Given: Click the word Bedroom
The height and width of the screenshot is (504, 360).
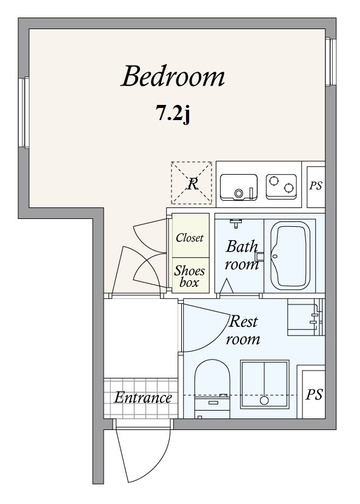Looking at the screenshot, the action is tap(173, 76).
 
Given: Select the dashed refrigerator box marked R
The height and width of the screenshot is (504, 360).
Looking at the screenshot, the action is tap(192, 183).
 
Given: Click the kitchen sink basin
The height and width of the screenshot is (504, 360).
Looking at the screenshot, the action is tap(239, 187).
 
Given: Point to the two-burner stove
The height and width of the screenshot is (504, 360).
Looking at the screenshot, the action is tap(281, 187).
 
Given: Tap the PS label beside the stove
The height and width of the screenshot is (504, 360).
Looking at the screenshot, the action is tap(316, 186).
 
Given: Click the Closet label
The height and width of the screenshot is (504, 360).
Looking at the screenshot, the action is tap(190, 238).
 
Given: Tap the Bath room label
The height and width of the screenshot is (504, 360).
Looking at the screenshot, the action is tap(241, 255).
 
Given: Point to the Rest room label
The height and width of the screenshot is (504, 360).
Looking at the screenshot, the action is tap(243, 330).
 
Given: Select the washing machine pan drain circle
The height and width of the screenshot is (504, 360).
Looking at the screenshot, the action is tap(264, 400).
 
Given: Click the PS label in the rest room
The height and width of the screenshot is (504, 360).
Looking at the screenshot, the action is tap(314, 394).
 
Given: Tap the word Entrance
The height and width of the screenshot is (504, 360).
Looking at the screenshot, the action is tap(143, 398).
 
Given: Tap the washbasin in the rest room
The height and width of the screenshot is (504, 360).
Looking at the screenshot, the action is tap(305, 318).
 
